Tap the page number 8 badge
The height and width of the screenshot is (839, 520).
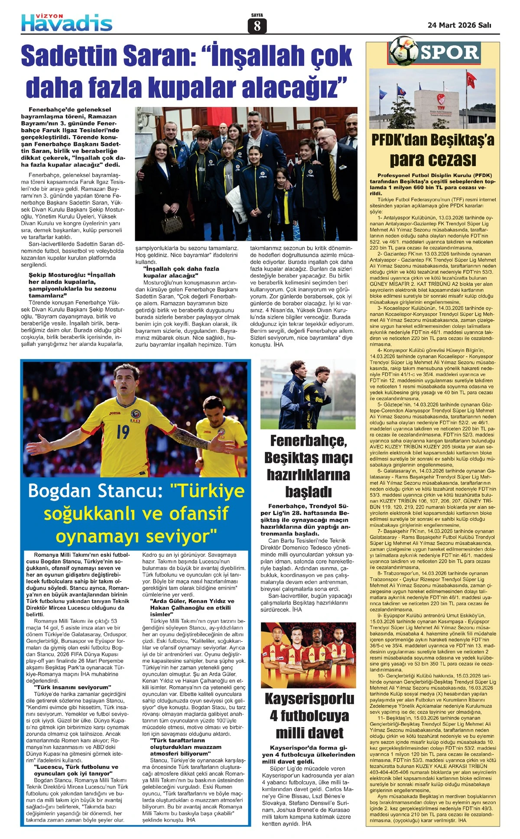click(x=257, y=26)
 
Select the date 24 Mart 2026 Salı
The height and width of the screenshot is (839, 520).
click(x=459, y=25)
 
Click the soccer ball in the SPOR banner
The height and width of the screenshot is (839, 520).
click(x=403, y=51)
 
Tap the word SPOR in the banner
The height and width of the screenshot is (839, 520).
click(x=449, y=52)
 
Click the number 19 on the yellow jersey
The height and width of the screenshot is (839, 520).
click(x=123, y=431)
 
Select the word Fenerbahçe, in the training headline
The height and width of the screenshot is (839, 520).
click(x=308, y=440)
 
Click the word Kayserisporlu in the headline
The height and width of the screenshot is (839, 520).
click(x=309, y=699)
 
